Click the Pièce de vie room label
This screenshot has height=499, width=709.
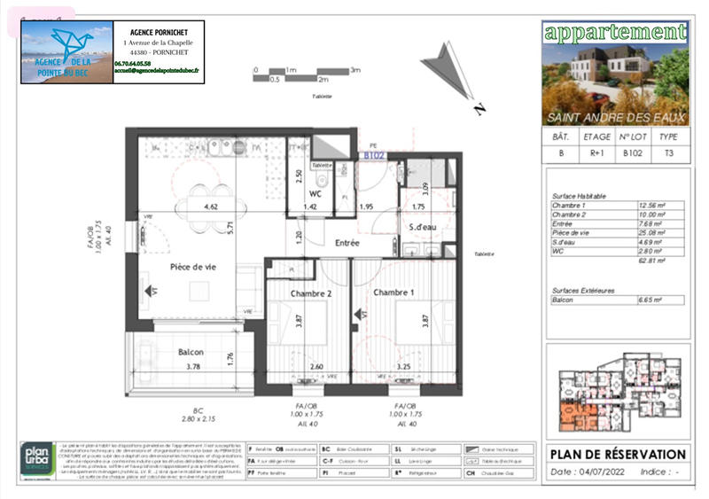[193, 266]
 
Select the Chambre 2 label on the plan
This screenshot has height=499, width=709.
[311, 292]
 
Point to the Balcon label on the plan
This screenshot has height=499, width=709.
[191, 351]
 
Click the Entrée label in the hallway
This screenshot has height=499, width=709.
[347, 242]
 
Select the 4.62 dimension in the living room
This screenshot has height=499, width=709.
[211, 207]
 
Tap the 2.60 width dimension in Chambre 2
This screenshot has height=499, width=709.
[317, 365]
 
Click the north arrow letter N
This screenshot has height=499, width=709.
[479, 110]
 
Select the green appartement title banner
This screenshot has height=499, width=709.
[615, 33]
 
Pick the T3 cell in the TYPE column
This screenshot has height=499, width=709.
[669, 152]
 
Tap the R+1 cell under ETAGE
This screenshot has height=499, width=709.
[596, 152]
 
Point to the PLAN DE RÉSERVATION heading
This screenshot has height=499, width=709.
[618, 455]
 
